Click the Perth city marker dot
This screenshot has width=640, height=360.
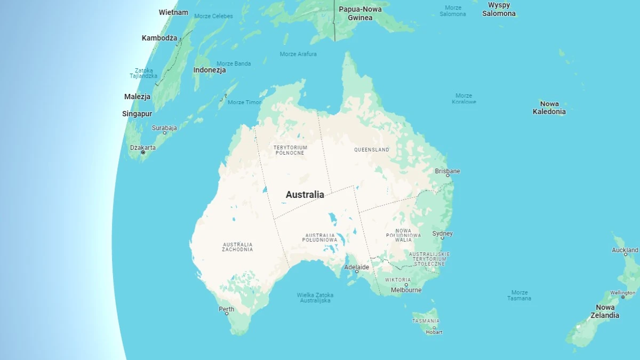coord(227,314)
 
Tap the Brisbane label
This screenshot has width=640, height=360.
coord(447,171)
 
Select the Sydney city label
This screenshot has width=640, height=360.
coord(442,234)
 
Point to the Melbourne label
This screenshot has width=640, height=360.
coord(406,290)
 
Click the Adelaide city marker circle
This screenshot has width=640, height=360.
coord(357,272)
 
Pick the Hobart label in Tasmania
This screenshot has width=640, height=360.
coord(434,332)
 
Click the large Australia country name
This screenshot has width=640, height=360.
coord(305,195)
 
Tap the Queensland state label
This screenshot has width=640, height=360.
coord(372,150)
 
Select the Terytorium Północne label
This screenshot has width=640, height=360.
coord(290,150)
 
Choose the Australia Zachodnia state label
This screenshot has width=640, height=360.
coord(238,247)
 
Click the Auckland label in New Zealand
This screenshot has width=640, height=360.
coord(625,250)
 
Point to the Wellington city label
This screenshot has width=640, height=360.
coord(622,293)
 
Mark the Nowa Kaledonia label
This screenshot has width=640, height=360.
coord(549,108)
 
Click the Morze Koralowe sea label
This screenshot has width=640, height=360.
coord(464,99)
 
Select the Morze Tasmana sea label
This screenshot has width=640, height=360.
coord(519,295)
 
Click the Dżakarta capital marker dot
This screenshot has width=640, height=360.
coord(143,153)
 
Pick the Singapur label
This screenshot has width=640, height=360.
coord(137,114)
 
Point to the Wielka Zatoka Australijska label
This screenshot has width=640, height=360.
coord(315,298)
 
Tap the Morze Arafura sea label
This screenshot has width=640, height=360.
coord(298,54)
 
